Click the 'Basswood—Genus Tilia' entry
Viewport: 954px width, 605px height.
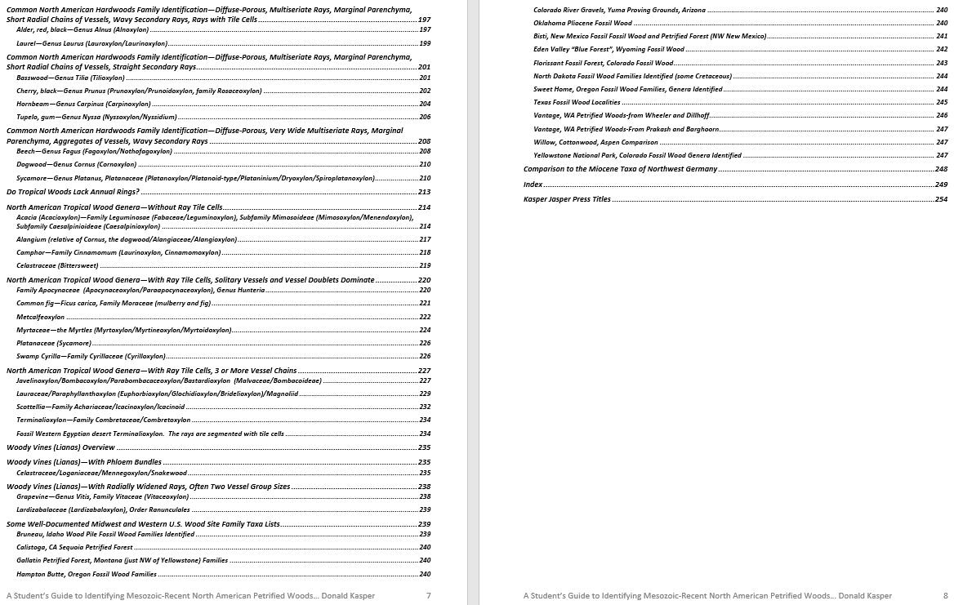(70, 78)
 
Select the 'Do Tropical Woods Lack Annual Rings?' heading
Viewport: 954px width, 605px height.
(73, 192)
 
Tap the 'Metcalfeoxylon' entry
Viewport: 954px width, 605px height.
(40, 317)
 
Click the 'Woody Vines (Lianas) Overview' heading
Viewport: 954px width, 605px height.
(60, 447)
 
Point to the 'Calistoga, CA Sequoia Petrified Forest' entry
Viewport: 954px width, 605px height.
(74, 547)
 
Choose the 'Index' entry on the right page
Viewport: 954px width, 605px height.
(533, 185)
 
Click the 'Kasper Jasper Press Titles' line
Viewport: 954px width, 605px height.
(567, 199)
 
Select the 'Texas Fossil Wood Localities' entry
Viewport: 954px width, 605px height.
(577, 102)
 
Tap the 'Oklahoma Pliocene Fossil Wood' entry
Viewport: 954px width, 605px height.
(582, 23)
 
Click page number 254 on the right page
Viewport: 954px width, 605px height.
(941, 199)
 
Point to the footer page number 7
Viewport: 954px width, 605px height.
(429, 596)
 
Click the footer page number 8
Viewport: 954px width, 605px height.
(945, 596)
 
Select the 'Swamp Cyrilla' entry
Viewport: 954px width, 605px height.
(91, 356)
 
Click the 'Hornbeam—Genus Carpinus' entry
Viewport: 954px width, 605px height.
(83, 104)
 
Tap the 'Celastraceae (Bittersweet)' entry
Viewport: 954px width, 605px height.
(57, 265)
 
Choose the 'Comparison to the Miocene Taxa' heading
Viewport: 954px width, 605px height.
(620, 169)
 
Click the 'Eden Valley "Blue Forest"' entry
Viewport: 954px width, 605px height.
(609, 49)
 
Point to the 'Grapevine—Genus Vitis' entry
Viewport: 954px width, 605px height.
(102, 496)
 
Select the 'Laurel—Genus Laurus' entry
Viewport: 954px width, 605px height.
(91, 43)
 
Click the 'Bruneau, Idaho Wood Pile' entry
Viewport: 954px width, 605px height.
(105, 534)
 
